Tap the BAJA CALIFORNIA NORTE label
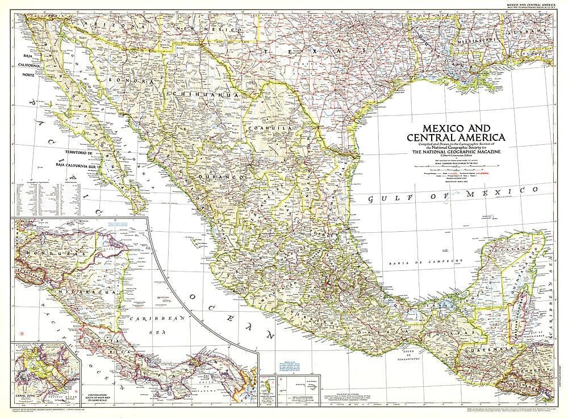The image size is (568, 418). point(26,66)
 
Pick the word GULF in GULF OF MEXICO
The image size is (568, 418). point(386,198)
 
